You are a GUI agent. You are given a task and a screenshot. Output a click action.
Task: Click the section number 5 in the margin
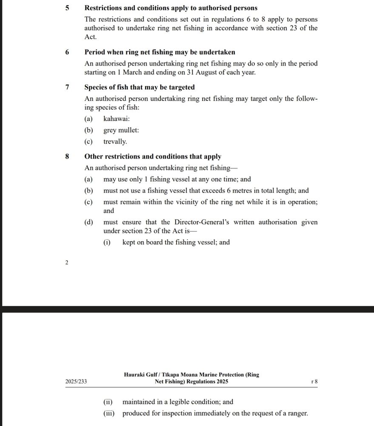pyautogui.click(x=67, y=8)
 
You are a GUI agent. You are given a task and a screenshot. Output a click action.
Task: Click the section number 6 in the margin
pyautogui.click(x=67, y=52)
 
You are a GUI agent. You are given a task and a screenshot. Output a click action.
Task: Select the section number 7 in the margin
pyautogui.click(x=67, y=87)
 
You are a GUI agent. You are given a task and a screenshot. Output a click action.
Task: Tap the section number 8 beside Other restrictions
pyautogui.click(x=67, y=157)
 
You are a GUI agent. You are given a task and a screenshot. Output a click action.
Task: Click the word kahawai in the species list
pyautogui.click(x=116, y=119)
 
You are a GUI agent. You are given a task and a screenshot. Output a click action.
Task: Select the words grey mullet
pyautogui.click(x=121, y=130)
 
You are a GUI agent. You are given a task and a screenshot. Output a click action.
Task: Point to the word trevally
pyautogui.click(x=115, y=142)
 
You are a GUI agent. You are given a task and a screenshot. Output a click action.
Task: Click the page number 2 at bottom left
pyautogui.click(x=66, y=263)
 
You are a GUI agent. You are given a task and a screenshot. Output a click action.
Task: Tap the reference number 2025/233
pyautogui.click(x=76, y=382)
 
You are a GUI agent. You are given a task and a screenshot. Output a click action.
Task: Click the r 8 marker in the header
pyautogui.click(x=315, y=382)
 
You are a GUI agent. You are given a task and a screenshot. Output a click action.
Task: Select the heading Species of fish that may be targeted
pyautogui.click(x=140, y=87)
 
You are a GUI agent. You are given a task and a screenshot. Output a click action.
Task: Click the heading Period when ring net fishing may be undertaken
pyautogui.click(x=160, y=52)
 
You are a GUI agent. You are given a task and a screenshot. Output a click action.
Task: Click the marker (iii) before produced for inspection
pyautogui.click(x=109, y=413)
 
